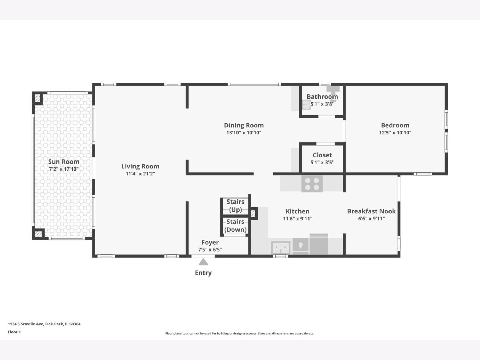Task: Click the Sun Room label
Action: tap(64, 162)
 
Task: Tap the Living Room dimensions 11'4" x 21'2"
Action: tap(140, 174)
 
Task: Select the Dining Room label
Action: tap(244, 126)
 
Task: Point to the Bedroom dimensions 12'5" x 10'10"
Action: tap(395, 132)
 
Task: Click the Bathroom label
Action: tap(322, 97)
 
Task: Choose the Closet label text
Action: tap(322, 155)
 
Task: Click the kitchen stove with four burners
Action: tap(312, 184)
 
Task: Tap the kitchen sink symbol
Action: tap(281, 248)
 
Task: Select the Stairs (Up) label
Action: tap(235, 206)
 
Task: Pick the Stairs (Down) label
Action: tap(235, 226)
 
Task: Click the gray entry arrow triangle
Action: tap(203, 262)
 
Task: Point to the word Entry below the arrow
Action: tap(203, 273)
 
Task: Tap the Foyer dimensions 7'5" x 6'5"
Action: tap(210, 250)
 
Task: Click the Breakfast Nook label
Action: tap(371, 211)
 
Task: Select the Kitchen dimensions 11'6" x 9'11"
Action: tap(298, 218)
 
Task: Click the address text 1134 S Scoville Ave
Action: tap(26, 324)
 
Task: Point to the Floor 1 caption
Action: tap(14, 332)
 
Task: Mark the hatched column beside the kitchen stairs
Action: tap(253, 213)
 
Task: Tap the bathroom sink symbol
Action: tap(306, 105)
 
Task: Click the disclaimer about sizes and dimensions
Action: tap(240, 333)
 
